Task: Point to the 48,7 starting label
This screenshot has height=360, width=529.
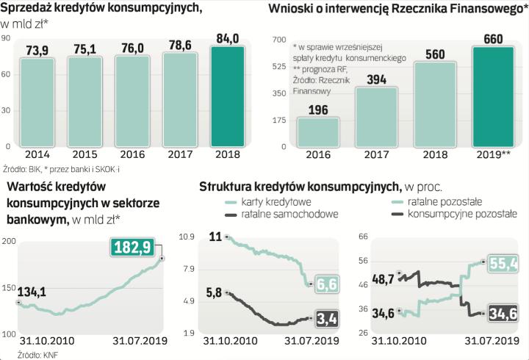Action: [384, 280]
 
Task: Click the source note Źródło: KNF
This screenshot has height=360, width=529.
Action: [22, 353]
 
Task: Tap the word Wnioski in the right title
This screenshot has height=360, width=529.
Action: [292, 10]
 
